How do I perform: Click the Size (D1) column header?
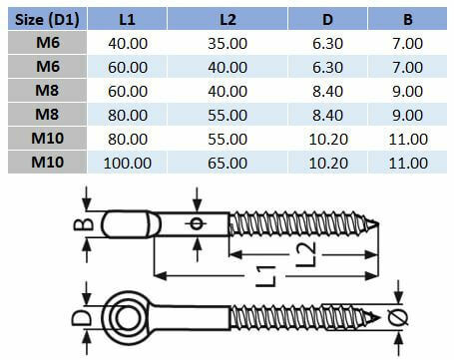52,19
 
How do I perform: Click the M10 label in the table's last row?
52,162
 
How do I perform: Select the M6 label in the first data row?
52,44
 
